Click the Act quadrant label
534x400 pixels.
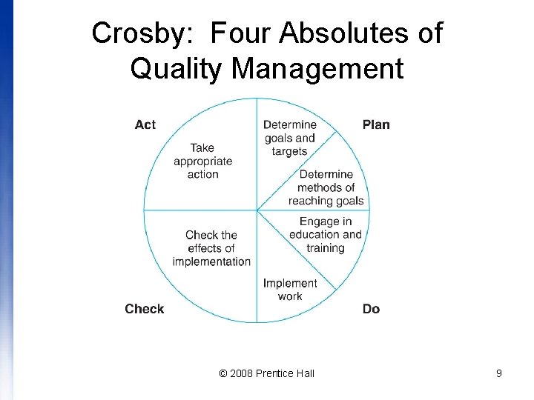tap(145, 124)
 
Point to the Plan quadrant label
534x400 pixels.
tap(376, 124)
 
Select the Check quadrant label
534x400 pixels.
tap(145, 309)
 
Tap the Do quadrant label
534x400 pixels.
tap(371, 309)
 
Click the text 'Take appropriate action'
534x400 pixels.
tap(202, 161)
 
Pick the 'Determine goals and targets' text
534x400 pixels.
tap(290, 138)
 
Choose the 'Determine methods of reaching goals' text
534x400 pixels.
tap(326, 187)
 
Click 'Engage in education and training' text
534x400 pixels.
tap(326, 235)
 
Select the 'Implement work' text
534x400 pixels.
tap(290, 290)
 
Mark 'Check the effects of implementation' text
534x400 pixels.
tap(211, 248)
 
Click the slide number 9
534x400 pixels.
tap(499, 373)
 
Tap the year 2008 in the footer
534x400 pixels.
tap(241, 373)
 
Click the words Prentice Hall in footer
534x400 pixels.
tap(285, 373)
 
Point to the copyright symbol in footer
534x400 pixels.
tap(223, 373)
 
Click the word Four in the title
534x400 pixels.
tap(242, 34)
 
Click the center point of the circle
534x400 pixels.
tap(257, 210)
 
